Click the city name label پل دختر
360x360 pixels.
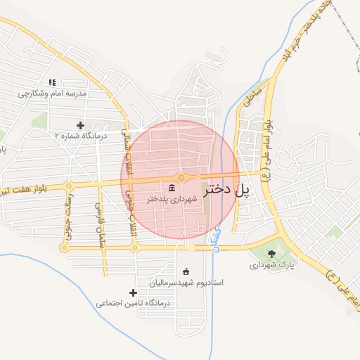point(226,189)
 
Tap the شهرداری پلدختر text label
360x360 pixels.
point(174,200)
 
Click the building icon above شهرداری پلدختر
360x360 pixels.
point(172,187)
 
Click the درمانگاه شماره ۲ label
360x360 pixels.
point(80,136)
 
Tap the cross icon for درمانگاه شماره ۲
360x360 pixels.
point(81,124)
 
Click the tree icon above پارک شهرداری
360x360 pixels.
point(272,254)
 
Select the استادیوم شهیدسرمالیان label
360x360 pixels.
point(186,283)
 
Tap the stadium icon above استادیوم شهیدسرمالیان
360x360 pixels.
point(186,271)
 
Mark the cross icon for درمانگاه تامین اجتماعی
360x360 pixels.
point(133,292)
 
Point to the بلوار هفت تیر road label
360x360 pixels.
point(25,190)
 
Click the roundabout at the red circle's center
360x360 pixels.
point(181,178)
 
